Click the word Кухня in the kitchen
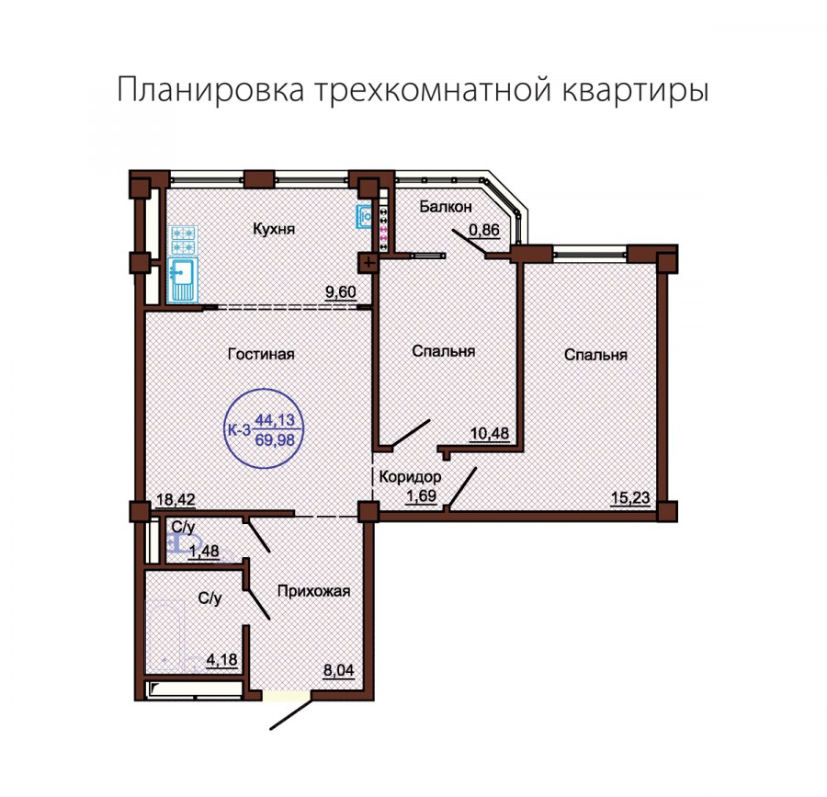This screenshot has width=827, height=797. click(274, 229)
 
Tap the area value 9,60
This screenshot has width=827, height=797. click(339, 292)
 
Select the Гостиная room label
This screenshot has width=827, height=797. click(261, 354)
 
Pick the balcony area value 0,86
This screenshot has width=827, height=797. click(484, 232)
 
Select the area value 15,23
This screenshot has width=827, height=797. click(629, 499)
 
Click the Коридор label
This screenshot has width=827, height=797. click(410, 478)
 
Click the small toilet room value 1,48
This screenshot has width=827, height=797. click(204, 551)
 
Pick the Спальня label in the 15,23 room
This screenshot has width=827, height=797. click(596, 355)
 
